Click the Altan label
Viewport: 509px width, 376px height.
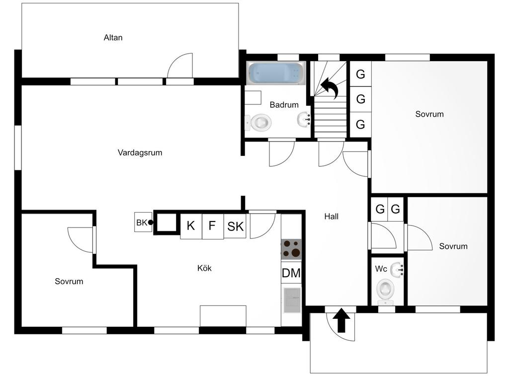(x=113, y=38)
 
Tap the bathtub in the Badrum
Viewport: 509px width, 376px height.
(x=276, y=73)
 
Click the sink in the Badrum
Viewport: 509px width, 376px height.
(x=304, y=119)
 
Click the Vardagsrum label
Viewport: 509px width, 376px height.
(x=140, y=152)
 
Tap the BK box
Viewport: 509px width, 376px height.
(x=143, y=222)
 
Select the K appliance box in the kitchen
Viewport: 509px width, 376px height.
(x=191, y=226)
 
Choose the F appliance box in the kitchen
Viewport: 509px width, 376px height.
(x=213, y=226)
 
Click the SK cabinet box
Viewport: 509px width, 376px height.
(x=235, y=226)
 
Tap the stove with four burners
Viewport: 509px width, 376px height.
(x=291, y=249)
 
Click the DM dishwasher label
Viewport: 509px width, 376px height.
(x=291, y=273)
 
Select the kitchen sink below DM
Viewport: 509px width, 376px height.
(x=292, y=300)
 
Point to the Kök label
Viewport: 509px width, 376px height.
(x=204, y=268)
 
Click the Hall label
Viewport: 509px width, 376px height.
(x=331, y=217)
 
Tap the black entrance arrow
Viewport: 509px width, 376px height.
(x=341, y=320)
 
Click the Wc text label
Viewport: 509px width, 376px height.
(x=381, y=269)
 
